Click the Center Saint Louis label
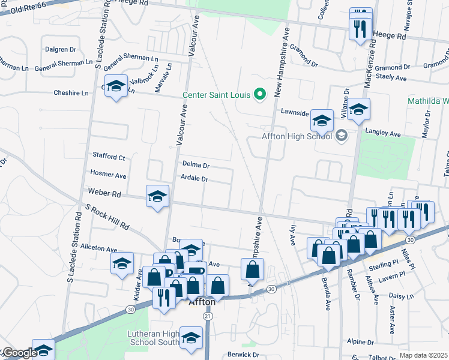[216, 95]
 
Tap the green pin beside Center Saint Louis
[260, 94]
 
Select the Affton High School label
[297, 136]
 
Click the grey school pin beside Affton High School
[341, 136]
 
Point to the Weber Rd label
[104, 193]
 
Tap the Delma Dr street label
[195, 165]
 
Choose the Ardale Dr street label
[194, 179]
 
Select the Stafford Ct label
[109, 157]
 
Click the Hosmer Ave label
[108, 175]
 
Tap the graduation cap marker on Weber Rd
[157, 196]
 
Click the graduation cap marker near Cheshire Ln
[116, 86]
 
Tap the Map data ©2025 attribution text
[424, 355]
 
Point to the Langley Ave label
[382, 133]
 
